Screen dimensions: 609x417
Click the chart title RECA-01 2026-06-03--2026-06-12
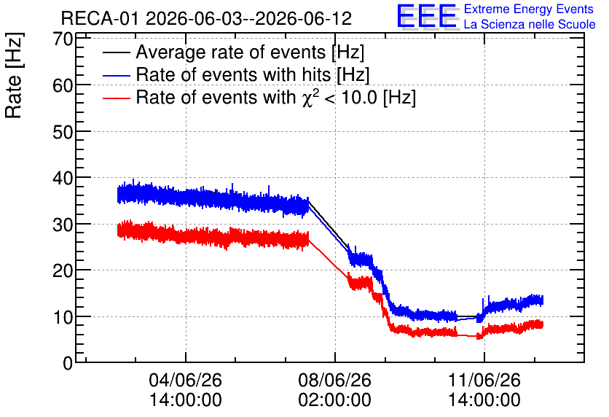pyautogui.click(x=206, y=18)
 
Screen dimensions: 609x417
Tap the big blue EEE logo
pyautogui.click(x=427, y=16)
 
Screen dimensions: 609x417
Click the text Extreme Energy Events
pyautogui.click(x=529, y=9)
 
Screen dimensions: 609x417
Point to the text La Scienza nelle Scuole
pyautogui.click(x=530, y=24)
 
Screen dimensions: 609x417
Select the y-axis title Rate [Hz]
pyautogui.click(x=14, y=75)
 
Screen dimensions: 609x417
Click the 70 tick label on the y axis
pyautogui.click(x=63, y=39)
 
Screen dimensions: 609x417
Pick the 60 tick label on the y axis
pyautogui.click(x=63, y=85)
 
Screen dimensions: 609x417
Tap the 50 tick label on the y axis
pyautogui.click(x=63, y=132)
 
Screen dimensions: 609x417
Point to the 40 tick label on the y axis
pyautogui.click(x=63, y=178)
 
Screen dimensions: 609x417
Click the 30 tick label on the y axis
pyautogui.click(x=63, y=225)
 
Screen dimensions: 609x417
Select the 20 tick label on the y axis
pyautogui.click(x=63, y=270)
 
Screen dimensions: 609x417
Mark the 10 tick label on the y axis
pyautogui.click(x=63, y=317)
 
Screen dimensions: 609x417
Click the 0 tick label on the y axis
pyautogui.click(x=68, y=363)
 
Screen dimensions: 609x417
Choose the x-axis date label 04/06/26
pyautogui.click(x=185, y=380)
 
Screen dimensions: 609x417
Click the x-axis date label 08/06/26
pyautogui.click(x=335, y=380)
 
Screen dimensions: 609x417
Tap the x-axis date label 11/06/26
pyautogui.click(x=484, y=380)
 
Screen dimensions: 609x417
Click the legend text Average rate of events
pyautogui.click(x=231, y=52)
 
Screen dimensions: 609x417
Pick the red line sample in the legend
pyautogui.click(x=116, y=98)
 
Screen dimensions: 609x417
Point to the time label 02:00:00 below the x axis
pyautogui.click(x=335, y=400)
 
